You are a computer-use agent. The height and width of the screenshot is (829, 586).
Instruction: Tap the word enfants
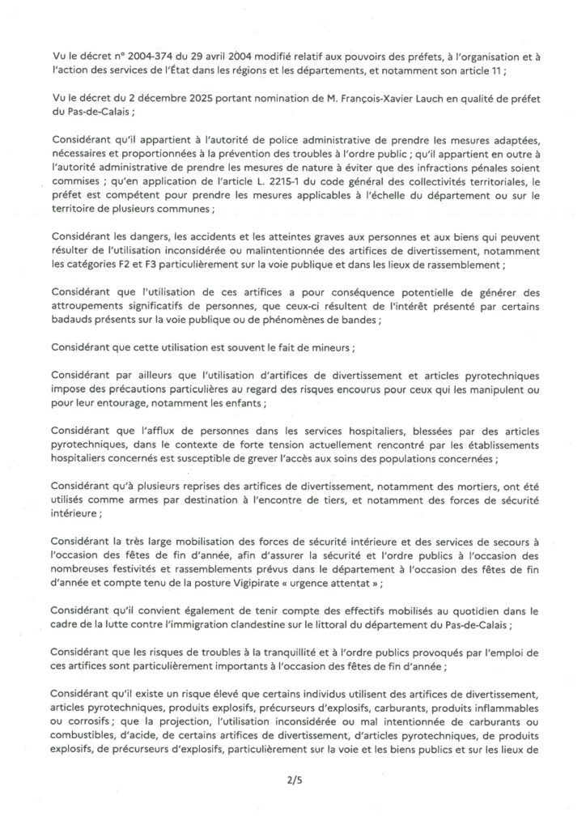(246, 403)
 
